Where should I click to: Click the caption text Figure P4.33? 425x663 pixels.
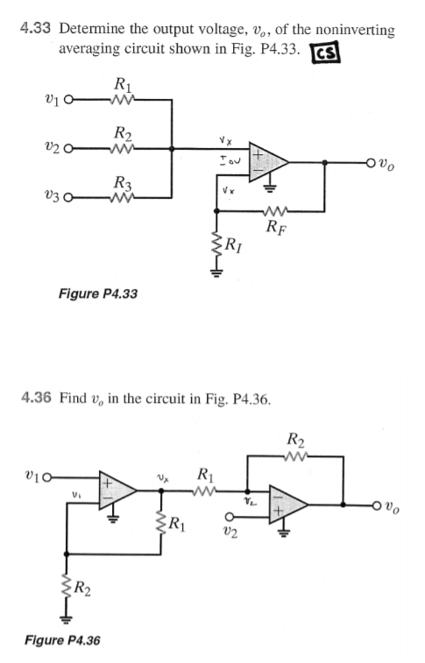click(x=97, y=293)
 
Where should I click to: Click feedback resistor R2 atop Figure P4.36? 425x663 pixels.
click(x=294, y=455)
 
